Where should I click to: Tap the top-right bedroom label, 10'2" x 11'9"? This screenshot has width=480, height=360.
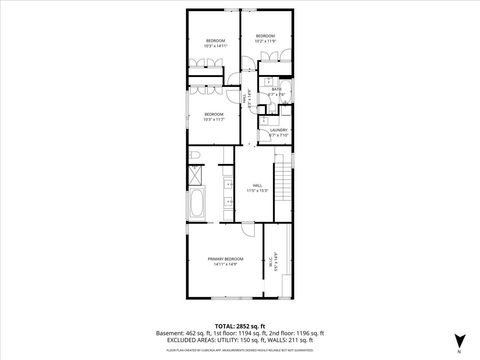coord(265,38)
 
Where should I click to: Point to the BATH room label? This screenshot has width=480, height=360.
coord(277,91)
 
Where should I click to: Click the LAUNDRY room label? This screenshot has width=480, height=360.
coord(278,132)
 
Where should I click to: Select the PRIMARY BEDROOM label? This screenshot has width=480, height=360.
coord(225,261)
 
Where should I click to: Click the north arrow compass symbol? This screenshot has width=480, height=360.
coord(459,340)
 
